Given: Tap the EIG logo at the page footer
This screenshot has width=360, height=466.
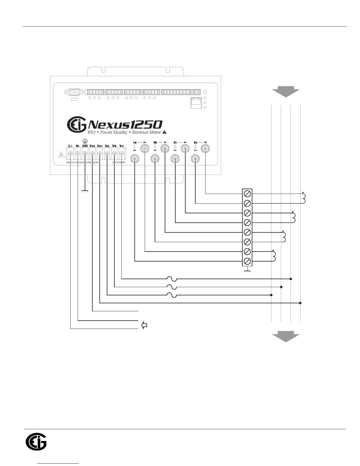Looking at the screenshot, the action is (36, 442).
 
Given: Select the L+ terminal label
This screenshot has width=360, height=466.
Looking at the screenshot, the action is (70, 146).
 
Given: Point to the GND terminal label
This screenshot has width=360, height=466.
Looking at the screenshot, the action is (85, 146).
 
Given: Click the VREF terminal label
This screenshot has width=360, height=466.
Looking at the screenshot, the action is (100, 146).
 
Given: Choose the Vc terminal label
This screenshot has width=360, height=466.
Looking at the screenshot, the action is (121, 146).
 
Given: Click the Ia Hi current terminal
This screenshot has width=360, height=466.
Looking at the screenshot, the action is (145, 149).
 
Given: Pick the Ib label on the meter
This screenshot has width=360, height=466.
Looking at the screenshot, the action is (155, 142).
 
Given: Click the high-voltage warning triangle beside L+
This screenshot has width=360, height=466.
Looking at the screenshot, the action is (61, 155).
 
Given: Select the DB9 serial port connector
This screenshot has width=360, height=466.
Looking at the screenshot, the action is (75, 92).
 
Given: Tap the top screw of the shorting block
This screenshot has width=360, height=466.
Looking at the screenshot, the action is (247, 194).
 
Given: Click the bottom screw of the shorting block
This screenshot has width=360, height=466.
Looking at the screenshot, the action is (247, 261).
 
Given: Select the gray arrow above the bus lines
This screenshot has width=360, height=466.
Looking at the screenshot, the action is (286, 91).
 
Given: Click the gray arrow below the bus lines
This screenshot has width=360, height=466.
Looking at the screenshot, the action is (286, 336).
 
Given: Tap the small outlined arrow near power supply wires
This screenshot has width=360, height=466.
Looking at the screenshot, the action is (144, 325).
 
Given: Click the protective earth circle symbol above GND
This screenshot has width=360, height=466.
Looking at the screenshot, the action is (85, 141).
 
